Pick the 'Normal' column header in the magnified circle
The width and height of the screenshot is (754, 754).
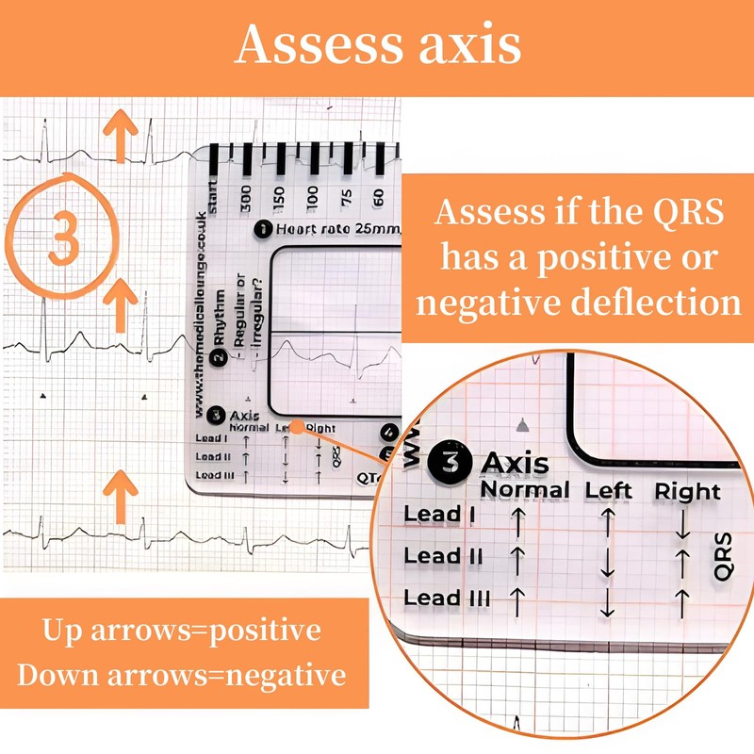(525, 490)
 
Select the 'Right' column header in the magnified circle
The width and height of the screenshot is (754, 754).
(687, 491)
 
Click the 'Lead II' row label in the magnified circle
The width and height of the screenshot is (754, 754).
(443, 556)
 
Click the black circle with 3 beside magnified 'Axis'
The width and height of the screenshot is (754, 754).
(449, 463)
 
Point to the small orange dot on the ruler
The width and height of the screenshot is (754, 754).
(296, 427)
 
